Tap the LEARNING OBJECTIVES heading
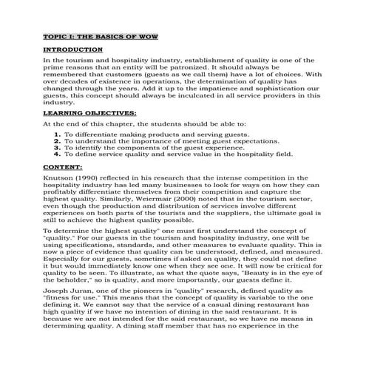[x=79, y=112]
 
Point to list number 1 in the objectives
[x=57, y=134]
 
